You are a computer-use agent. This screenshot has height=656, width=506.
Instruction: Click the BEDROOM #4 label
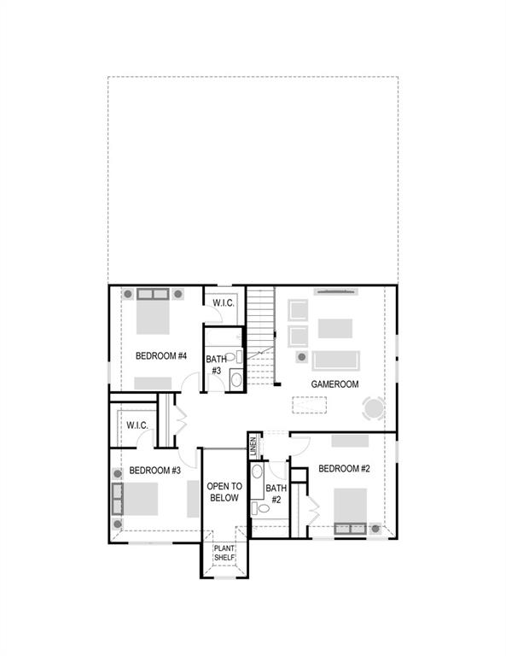coord(161,355)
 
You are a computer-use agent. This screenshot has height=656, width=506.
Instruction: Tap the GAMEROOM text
coord(334,384)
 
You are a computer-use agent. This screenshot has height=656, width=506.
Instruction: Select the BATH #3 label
coord(215,365)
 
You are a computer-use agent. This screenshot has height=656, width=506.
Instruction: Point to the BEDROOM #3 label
coord(154,470)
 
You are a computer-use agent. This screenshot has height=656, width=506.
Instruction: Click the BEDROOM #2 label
coord(344,468)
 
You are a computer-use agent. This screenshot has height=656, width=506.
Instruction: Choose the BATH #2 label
coord(276,494)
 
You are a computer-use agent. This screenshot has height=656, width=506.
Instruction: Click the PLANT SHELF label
coord(224,553)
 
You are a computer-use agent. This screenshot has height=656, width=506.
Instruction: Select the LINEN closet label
coord(253,445)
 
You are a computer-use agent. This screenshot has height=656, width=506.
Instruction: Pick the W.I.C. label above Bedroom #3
coord(137,425)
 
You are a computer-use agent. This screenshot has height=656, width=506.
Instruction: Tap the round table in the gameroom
coord(374,408)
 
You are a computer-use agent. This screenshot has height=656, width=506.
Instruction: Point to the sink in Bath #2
coord(258,471)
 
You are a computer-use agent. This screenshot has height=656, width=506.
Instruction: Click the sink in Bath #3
coord(236,377)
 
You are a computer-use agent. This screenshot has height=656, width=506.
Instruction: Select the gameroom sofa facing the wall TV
coord(335,359)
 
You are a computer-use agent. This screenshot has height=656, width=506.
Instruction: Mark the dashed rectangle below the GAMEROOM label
coord(311,405)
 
